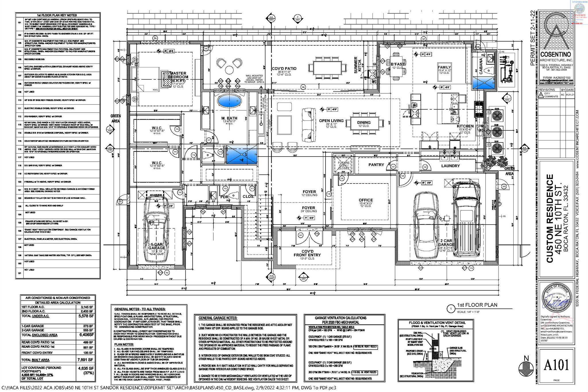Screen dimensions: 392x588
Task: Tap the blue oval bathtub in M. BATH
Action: tap(229, 102)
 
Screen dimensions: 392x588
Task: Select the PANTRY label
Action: tap(376, 165)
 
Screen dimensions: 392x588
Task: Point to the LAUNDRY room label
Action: tap(450, 166)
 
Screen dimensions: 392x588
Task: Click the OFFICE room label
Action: tap(365, 200)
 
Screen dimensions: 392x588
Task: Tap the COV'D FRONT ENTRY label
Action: tap(307, 253)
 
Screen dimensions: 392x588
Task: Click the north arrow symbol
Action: tap(526, 368)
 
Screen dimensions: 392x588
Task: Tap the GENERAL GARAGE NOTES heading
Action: tap(218, 318)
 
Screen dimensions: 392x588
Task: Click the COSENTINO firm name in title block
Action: tap(556, 54)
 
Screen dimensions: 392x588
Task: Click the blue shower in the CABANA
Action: tap(483, 83)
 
